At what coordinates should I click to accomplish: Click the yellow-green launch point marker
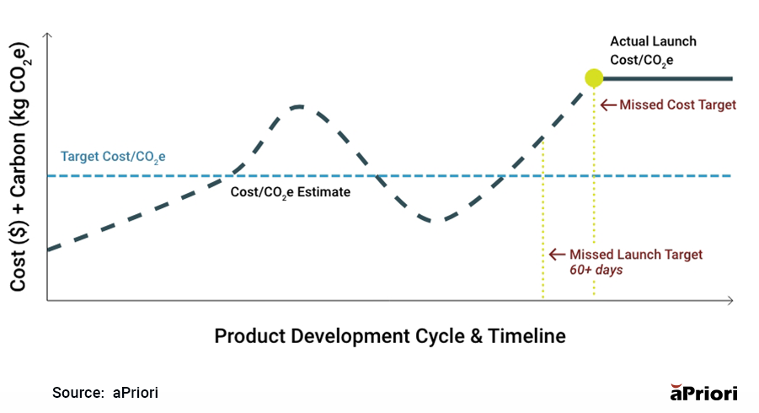(x=594, y=78)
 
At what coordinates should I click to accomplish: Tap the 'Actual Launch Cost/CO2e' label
(x=653, y=51)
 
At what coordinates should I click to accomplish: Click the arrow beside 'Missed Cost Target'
(x=608, y=105)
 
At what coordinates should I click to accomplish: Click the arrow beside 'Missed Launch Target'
(x=557, y=255)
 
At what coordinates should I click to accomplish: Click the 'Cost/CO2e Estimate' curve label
(x=290, y=192)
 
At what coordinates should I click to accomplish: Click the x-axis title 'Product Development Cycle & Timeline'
(x=389, y=336)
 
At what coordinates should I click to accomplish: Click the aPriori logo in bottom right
(x=703, y=393)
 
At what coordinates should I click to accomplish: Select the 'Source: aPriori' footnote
(x=105, y=393)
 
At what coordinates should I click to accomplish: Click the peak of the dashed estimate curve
(x=298, y=106)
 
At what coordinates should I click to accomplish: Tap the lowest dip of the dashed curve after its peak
(x=432, y=221)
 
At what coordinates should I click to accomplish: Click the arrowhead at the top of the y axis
(x=47, y=37)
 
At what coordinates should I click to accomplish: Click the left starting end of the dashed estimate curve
(x=51, y=249)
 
